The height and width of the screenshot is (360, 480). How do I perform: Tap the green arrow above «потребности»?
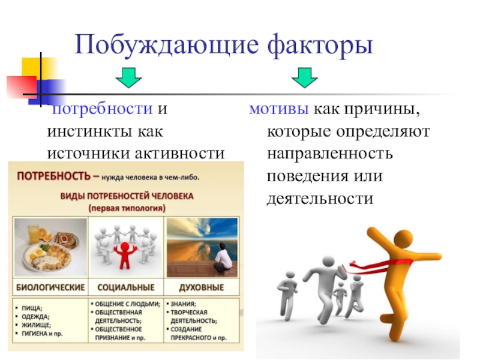tap(128, 78)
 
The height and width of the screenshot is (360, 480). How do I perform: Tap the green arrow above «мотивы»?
tap(305, 78)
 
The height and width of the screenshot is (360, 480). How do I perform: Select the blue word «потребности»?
tap(103, 109)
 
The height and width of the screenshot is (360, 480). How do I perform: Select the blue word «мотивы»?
tap(279, 109)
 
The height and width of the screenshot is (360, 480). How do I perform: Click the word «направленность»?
tap(329, 154)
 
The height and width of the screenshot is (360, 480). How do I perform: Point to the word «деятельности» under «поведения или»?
tap(320, 199)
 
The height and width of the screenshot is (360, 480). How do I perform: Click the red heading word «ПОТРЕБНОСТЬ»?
tap(54, 176)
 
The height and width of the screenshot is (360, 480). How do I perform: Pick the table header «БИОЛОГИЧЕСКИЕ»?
tap(50, 287)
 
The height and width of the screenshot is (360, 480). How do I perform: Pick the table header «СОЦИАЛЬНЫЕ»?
tap(126, 287)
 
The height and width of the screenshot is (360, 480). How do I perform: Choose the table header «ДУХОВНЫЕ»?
tap(202, 287)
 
